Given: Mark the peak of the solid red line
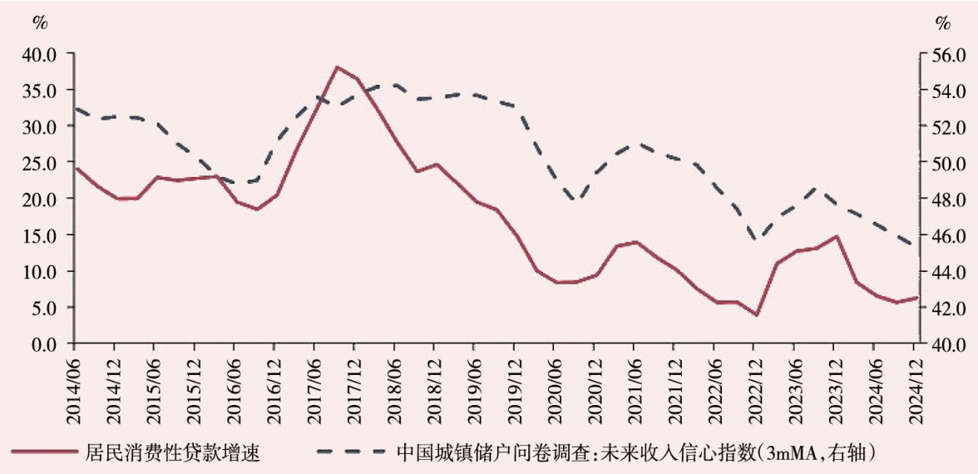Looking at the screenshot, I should click(x=337, y=67).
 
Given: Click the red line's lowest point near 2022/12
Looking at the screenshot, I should click(x=756, y=314).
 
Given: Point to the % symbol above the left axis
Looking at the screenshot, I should click(x=40, y=22).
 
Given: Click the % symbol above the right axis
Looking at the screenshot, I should click(x=942, y=22).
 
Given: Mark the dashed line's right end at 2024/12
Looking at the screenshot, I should click(x=915, y=245).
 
